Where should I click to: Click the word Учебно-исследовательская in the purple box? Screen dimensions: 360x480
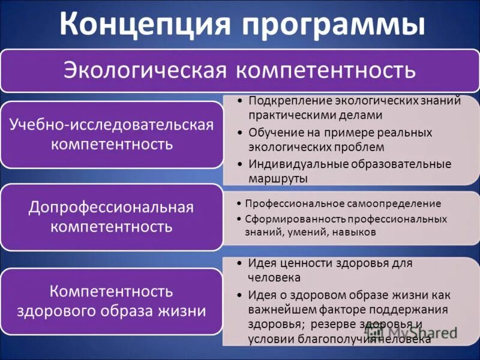(x=112, y=124)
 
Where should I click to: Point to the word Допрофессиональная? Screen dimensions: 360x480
(x=112, y=208)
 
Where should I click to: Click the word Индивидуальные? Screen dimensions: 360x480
(x=291, y=164)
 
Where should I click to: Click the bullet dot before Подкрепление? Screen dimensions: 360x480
(x=239, y=101)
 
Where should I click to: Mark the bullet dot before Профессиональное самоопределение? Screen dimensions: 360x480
(x=238, y=204)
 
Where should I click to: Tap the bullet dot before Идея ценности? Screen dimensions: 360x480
(x=239, y=263)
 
